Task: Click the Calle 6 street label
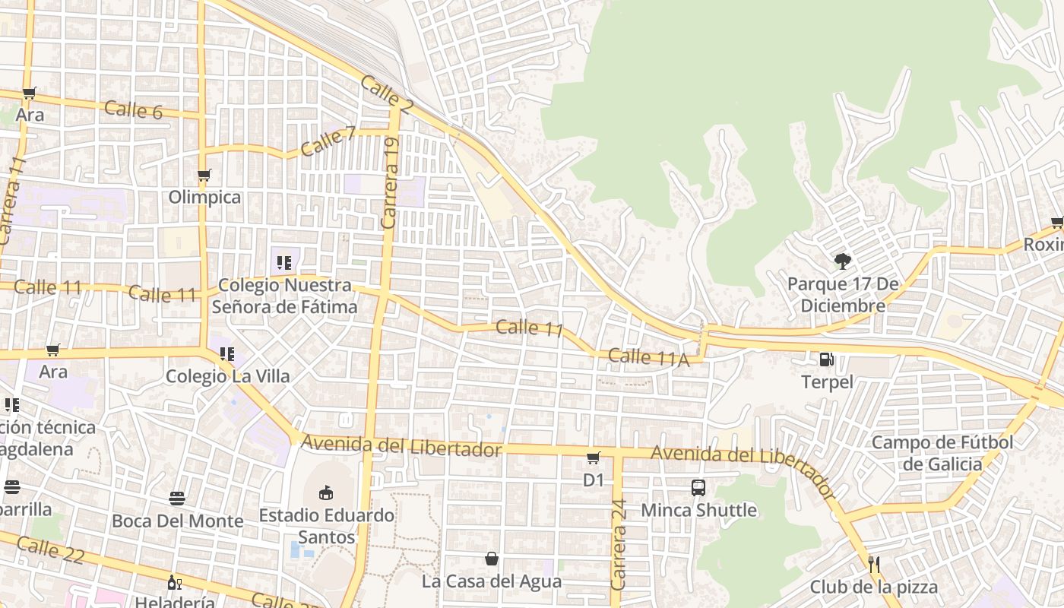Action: (134, 109)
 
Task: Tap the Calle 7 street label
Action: (328, 141)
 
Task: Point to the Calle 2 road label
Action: (386, 95)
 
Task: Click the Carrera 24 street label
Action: (619, 544)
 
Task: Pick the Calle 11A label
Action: (648, 357)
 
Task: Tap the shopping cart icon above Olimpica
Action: (204, 176)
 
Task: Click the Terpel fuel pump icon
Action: (827, 359)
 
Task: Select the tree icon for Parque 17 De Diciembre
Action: (842, 261)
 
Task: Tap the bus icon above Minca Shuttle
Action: (698, 488)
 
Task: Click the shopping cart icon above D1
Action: (594, 458)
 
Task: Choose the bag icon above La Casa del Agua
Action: (492, 559)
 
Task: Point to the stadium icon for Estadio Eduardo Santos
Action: (326, 492)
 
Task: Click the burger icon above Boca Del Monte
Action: (177, 499)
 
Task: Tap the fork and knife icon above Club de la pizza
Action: (874, 564)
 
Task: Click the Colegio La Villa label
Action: (227, 375)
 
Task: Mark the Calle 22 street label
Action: (49, 549)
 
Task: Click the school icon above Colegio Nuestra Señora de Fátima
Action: (284, 263)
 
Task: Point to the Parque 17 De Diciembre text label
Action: (837, 295)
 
